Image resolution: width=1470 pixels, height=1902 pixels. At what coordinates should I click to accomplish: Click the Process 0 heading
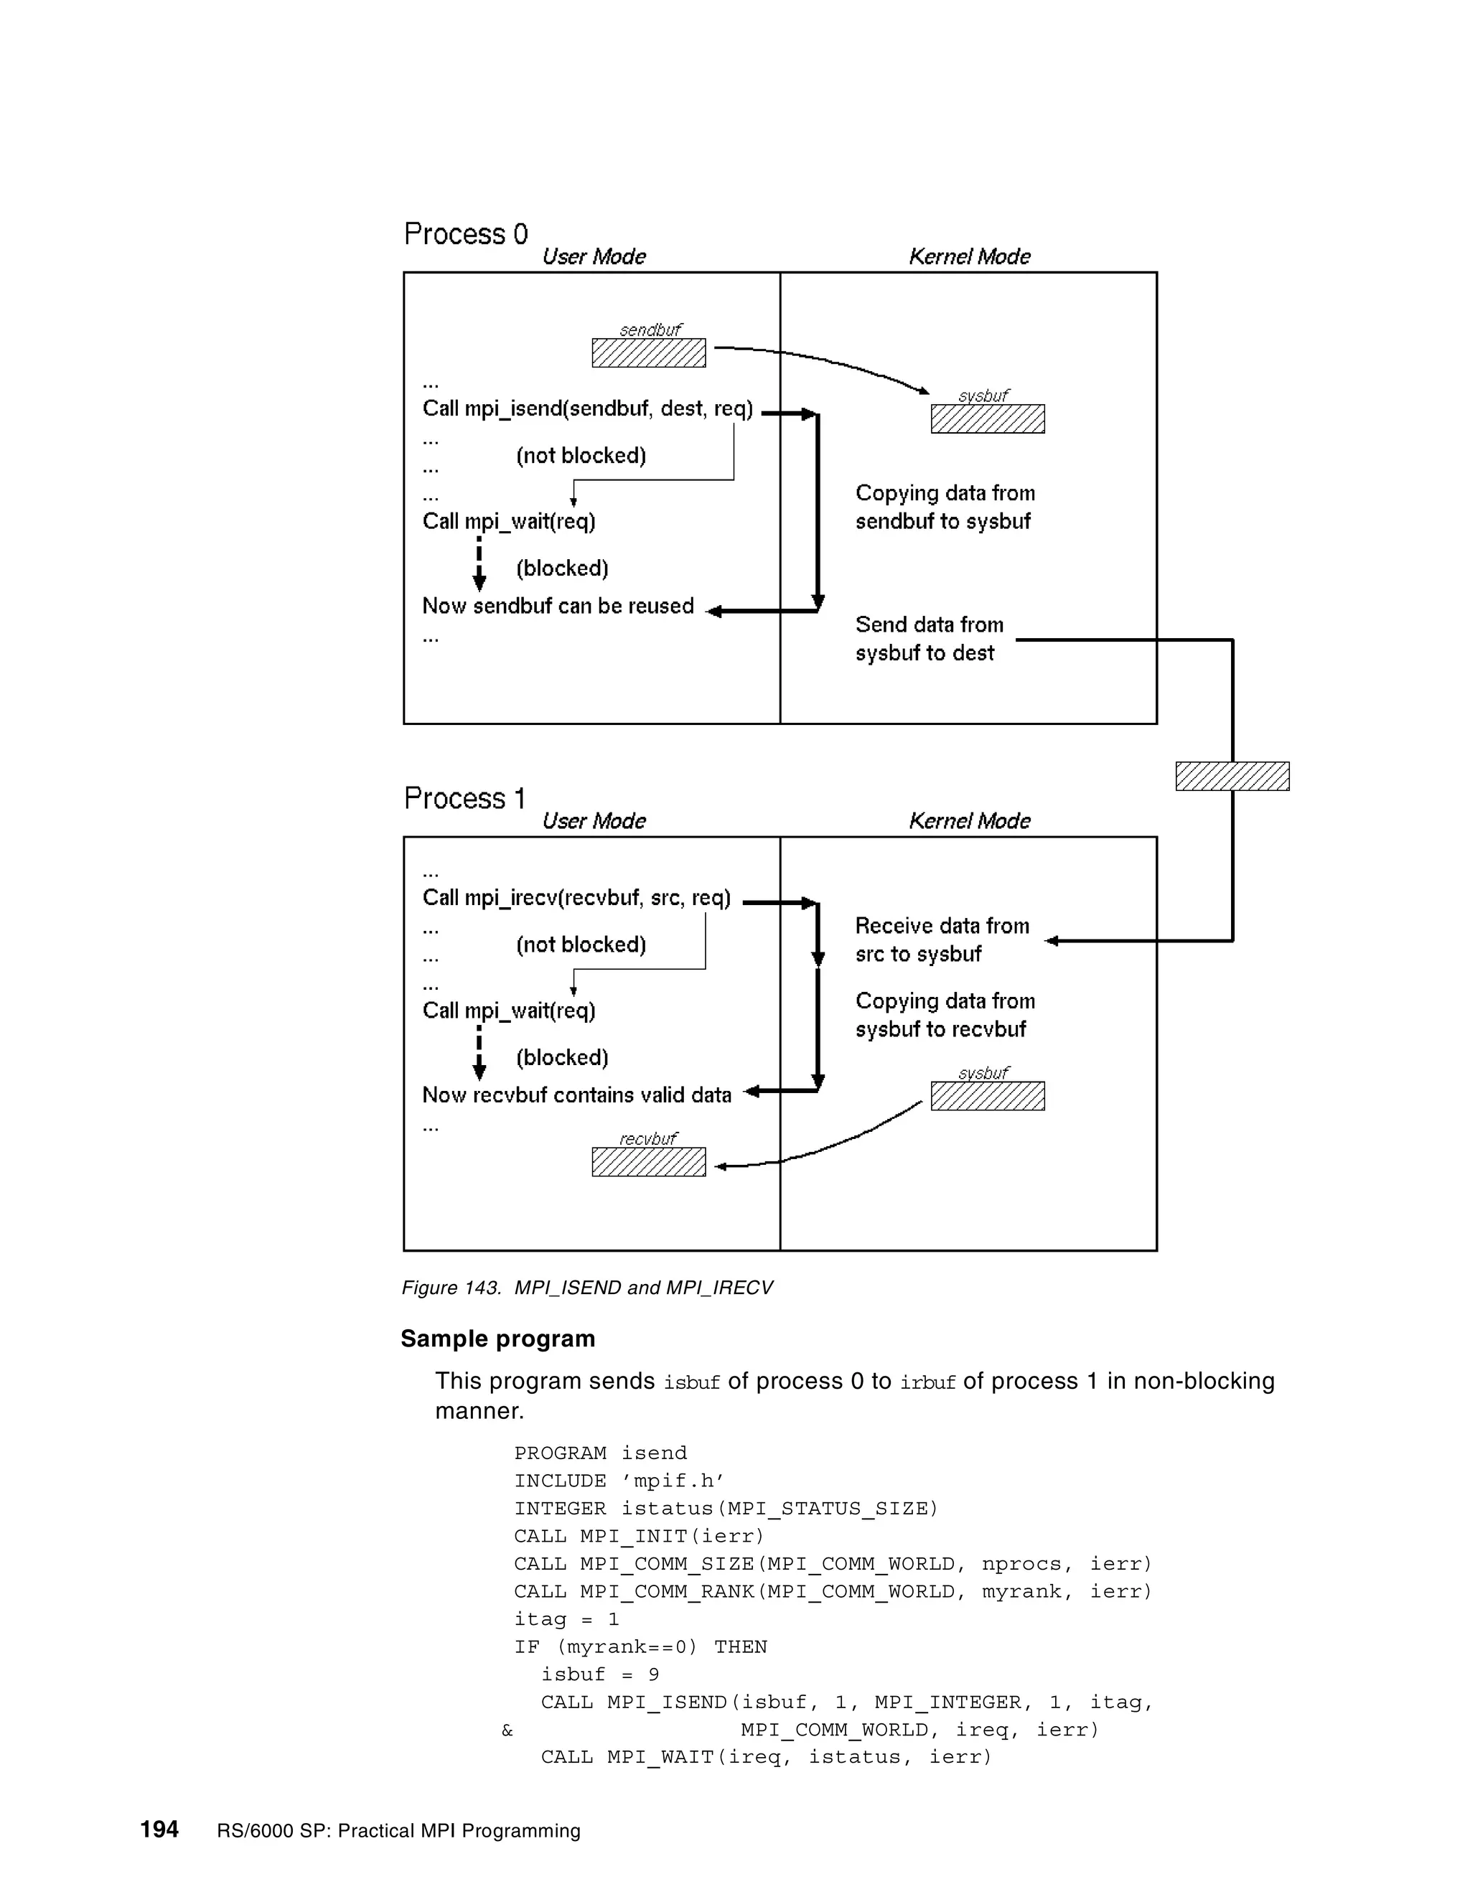(466, 234)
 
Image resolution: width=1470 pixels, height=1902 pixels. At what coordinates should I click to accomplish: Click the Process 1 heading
(465, 799)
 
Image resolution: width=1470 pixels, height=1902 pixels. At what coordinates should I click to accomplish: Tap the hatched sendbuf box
(649, 352)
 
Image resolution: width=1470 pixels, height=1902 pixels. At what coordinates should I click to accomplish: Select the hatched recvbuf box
(649, 1162)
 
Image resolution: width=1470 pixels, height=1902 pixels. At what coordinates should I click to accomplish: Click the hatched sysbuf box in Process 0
(988, 419)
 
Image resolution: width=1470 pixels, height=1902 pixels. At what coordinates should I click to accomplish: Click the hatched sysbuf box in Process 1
(988, 1095)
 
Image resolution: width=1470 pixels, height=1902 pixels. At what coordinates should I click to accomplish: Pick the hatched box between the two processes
(1232, 776)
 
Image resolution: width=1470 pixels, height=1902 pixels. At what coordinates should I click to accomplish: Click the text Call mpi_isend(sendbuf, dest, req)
(588, 408)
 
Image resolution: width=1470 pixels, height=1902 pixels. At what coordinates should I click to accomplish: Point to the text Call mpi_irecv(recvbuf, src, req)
(576, 898)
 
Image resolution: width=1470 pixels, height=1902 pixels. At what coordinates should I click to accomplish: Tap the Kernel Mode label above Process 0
(969, 257)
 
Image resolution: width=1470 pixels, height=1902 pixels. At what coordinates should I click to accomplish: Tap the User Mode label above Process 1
(594, 821)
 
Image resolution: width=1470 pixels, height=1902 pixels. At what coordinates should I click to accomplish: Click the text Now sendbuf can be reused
(558, 606)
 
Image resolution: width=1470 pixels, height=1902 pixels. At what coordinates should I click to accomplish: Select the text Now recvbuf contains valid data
(576, 1095)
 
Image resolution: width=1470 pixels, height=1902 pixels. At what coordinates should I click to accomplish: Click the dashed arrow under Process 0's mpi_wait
(479, 564)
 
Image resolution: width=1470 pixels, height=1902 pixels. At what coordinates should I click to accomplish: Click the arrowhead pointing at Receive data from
(1052, 940)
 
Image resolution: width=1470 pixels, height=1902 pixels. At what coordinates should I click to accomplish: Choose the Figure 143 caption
(587, 1287)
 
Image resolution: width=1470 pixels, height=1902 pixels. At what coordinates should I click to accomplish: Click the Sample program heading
(498, 1339)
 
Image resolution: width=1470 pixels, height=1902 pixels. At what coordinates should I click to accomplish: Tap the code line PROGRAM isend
(600, 1453)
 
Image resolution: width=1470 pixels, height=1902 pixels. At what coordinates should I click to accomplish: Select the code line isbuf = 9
(600, 1674)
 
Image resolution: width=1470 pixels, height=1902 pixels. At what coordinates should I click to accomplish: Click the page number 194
(159, 1830)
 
